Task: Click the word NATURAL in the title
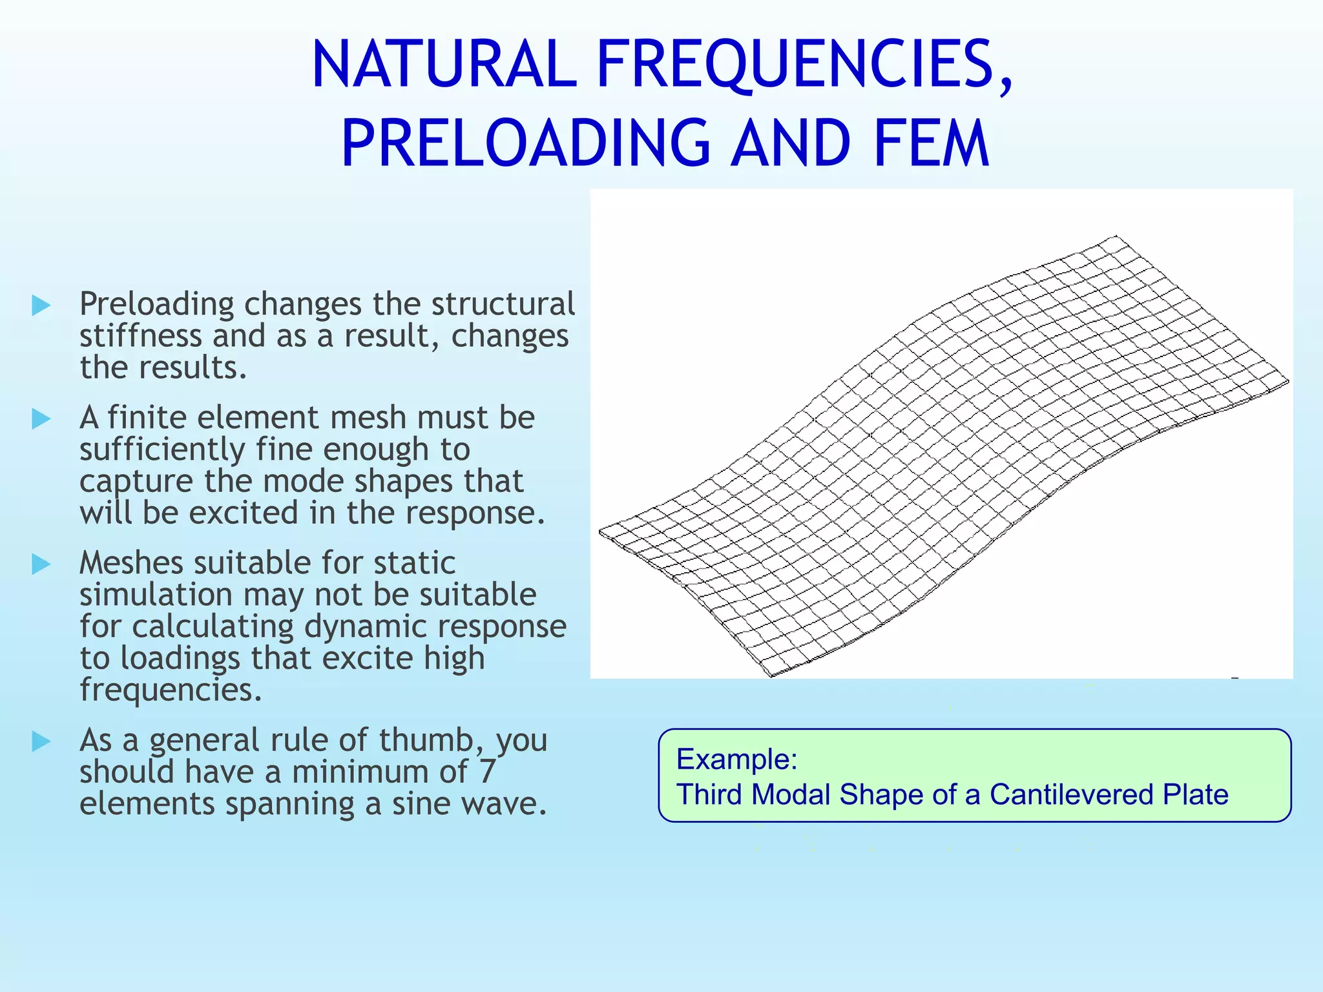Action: [443, 65]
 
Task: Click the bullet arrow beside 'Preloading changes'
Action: [41, 305]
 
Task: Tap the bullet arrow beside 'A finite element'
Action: [41, 419]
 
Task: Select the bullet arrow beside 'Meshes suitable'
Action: [41, 564]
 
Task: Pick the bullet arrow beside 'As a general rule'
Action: [41, 741]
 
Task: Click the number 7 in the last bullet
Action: [488, 772]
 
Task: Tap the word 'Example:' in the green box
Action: [736, 759]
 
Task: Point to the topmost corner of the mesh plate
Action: [1116, 236]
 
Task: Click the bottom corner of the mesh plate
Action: [772, 676]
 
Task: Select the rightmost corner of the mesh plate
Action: [1288, 382]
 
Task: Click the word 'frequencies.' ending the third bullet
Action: [171, 690]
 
